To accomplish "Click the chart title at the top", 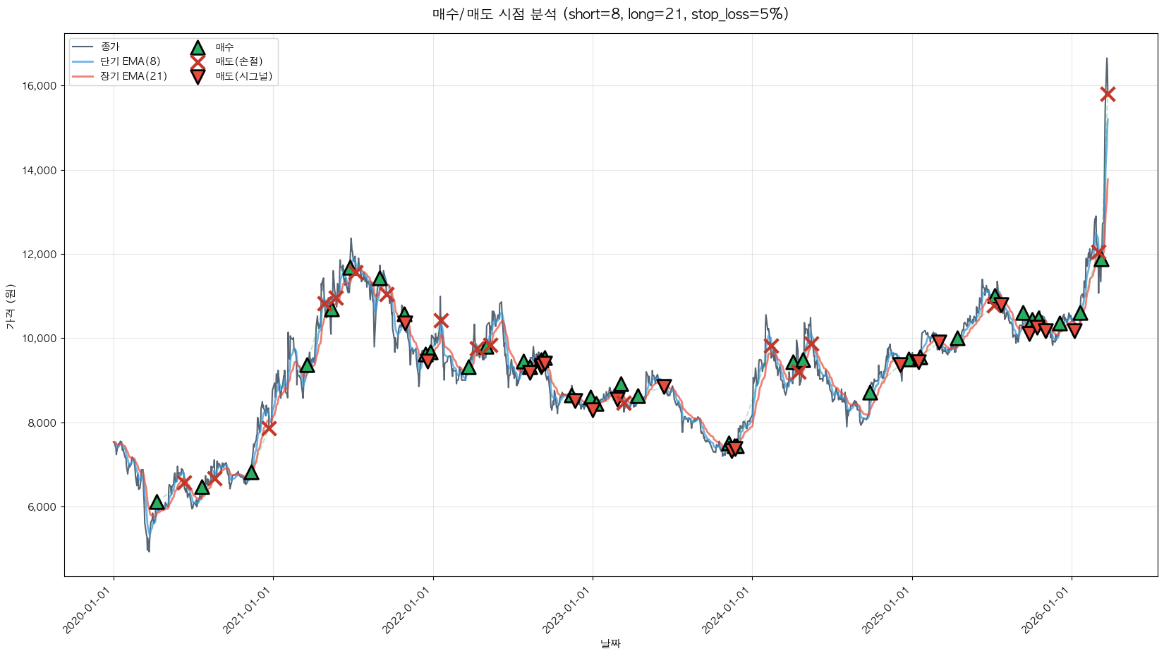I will click(x=610, y=14).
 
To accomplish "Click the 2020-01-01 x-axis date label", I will click(x=91, y=610).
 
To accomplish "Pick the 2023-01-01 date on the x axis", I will click(x=569, y=610).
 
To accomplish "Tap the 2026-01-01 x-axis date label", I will click(x=1048, y=610).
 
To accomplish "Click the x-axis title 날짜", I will click(x=610, y=643).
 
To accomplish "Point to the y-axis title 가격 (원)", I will click(x=10, y=307).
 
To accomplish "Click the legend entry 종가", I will click(x=110, y=47).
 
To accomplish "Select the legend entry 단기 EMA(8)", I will click(x=130, y=61).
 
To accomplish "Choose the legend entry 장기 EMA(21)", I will click(x=133, y=76).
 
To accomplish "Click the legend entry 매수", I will click(x=224, y=47).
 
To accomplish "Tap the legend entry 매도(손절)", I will click(x=238, y=61).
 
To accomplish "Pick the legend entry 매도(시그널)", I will click(x=243, y=76).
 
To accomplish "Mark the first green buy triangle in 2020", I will click(x=157, y=502).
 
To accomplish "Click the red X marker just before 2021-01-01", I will click(x=268, y=428).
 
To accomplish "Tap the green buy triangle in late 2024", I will click(x=870, y=392).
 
